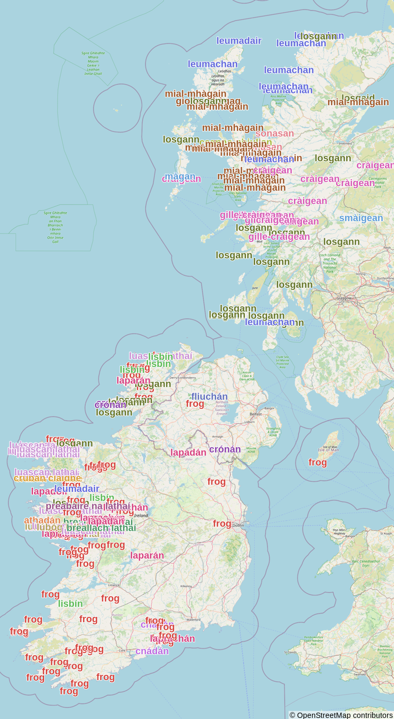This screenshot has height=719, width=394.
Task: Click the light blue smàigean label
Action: coord(361,218)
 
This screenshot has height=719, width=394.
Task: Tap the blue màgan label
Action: coord(180,176)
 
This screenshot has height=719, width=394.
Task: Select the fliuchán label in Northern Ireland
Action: coord(209,397)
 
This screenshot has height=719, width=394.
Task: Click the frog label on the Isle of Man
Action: coord(317,463)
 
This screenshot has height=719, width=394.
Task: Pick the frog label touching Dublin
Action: coord(222,524)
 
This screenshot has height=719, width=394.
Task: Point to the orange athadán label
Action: coord(42,520)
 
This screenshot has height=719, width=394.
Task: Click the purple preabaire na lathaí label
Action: coord(88,506)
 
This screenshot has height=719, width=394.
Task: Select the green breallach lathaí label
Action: coord(101,528)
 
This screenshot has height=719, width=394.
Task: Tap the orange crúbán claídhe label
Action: coord(47,478)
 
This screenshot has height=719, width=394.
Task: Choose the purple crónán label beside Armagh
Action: coord(225,449)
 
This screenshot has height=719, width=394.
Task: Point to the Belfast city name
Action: coord(256,413)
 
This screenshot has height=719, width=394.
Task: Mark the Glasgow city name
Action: coord(347,298)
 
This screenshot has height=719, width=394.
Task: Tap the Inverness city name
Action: coord(346,143)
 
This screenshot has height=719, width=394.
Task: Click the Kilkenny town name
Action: coord(186,586)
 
